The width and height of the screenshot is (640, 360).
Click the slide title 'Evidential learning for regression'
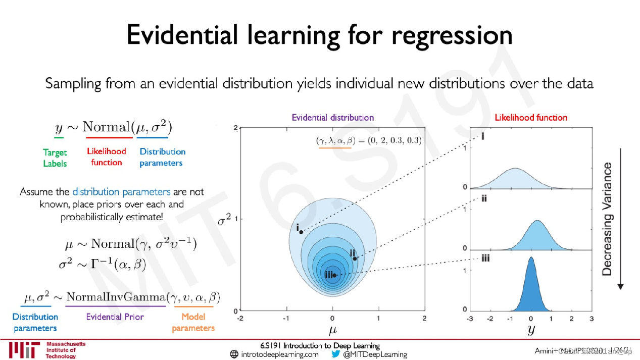pos(319,35)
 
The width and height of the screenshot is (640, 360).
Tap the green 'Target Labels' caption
pos(55,158)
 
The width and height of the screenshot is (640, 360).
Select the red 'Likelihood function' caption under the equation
pos(106,157)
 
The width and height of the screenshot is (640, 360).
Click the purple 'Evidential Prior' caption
pos(115,317)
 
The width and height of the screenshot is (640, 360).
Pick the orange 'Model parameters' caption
pos(193,323)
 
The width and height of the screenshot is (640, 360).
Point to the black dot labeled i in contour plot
pos(301,232)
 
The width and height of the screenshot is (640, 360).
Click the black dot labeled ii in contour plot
pos(355,259)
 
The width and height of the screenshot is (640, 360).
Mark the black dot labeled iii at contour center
pos(334,275)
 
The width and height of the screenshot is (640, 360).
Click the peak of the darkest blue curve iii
pos(530,258)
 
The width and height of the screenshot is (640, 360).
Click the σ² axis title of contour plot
pos(223,220)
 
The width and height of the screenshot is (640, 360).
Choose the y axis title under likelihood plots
pos(530,331)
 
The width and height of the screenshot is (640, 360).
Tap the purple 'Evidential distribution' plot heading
pos(332,118)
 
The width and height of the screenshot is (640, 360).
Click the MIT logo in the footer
pos(24,350)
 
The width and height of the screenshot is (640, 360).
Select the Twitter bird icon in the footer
pos(335,354)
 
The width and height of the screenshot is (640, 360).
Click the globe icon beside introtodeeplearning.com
pos(234,354)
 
